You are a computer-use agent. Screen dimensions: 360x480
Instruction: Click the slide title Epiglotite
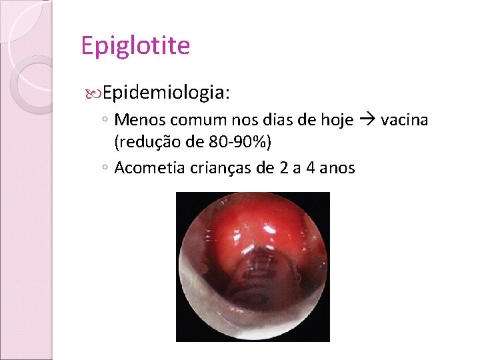[x=135, y=46]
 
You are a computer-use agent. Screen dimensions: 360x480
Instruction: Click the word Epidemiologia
[x=167, y=92]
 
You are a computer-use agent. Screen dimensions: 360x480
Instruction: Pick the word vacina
[x=405, y=120]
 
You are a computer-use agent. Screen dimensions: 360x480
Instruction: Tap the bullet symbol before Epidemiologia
[x=93, y=93]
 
